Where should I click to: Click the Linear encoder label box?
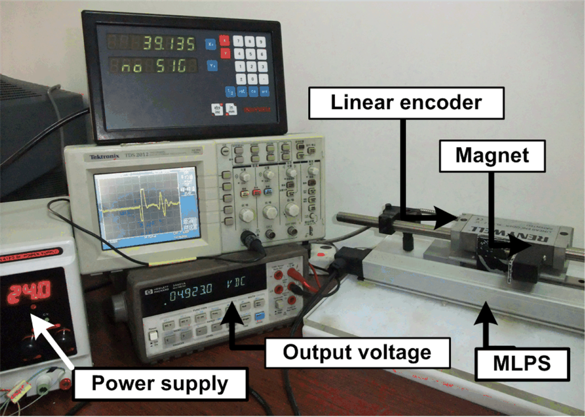(x=406, y=103)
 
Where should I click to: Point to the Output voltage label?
(x=357, y=352)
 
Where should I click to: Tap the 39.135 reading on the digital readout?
(x=169, y=43)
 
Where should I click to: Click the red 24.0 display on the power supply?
(x=33, y=291)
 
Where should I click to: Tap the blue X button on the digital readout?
(x=211, y=43)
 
